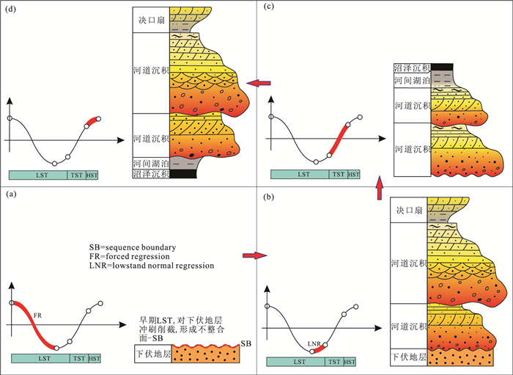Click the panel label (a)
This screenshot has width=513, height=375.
pos(10,195)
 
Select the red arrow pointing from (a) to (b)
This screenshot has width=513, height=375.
pos(251,255)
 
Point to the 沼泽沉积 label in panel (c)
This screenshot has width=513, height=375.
pos(412,68)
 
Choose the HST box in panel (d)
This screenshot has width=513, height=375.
pos(92,175)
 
